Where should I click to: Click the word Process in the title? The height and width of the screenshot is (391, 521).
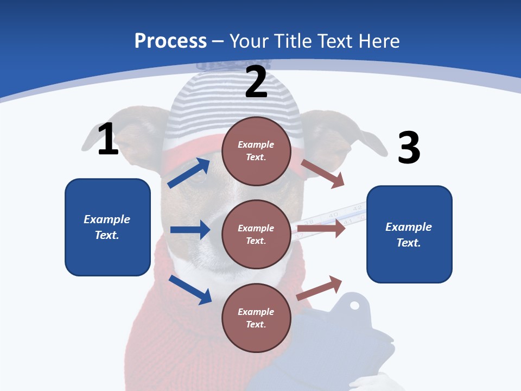click(170, 41)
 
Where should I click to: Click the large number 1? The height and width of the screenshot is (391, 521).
click(108, 140)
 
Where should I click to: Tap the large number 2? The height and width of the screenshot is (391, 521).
click(256, 82)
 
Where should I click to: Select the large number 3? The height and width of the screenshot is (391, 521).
click(409, 148)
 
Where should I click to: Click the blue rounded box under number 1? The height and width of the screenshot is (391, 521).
click(107, 227)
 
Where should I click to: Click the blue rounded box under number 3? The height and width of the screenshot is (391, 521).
click(409, 234)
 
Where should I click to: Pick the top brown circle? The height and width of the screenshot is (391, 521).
click(256, 150)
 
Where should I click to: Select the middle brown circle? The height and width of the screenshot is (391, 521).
click(256, 234)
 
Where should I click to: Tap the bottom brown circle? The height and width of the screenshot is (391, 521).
click(256, 318)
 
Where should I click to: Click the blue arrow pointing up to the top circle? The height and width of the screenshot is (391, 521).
click(189, 173)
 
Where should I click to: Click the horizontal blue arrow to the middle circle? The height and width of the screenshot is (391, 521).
click(190, 230)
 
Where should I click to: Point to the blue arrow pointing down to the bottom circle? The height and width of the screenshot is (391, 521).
click(190, 289)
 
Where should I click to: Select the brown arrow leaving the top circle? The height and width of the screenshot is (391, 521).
click(322, 173)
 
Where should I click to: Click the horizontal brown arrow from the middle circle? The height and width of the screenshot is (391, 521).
click(321, 229)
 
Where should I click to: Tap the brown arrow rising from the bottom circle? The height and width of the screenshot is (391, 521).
click(319, 288)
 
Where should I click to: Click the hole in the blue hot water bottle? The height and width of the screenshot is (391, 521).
click(354, 305)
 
